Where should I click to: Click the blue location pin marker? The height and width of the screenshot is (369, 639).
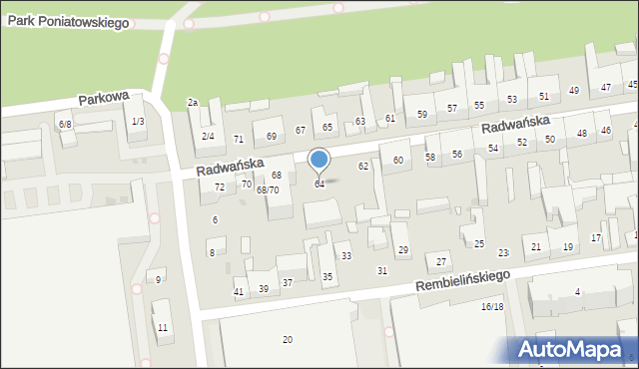coord(319,160)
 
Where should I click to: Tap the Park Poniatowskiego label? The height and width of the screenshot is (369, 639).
coord(66,21)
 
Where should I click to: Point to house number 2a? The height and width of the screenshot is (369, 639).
coord(193,102)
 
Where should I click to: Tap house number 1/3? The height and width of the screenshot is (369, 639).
coord(138,121)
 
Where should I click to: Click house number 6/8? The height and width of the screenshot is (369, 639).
coord(65,124)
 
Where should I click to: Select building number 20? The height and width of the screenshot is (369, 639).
coord(288,340)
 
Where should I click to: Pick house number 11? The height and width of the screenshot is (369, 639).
coord(162,328)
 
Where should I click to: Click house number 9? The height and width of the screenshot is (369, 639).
coord(158,279)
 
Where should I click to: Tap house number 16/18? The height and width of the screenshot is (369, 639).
coord(492,307)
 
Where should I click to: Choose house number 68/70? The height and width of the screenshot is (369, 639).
coord(268,189)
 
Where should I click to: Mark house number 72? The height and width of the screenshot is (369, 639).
coord(219,187)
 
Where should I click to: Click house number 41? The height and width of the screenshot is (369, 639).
coord(239,291)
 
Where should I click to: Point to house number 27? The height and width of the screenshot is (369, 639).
coord(441,261)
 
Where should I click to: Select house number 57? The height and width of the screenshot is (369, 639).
coord(452,108)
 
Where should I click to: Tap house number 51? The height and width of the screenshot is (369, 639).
coord(544,97)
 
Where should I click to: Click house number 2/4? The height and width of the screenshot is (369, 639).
coord(208,137)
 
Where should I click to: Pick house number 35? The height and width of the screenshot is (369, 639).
coord(326,276)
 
